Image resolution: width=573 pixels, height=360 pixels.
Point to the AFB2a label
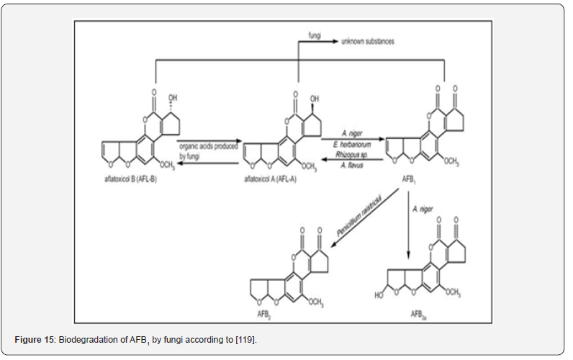coord(418,315)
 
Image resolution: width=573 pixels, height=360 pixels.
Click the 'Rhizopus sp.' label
coord(351,153)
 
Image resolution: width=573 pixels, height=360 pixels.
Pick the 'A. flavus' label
coord(351,165)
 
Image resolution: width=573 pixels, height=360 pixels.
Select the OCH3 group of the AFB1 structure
coord(451,162)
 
